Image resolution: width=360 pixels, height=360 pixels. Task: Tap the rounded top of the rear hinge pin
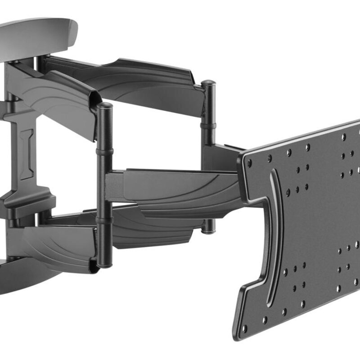coord(208,83)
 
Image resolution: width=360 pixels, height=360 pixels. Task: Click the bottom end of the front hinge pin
coord(105,265)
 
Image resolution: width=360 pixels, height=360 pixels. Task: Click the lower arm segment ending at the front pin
coord(58,243)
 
